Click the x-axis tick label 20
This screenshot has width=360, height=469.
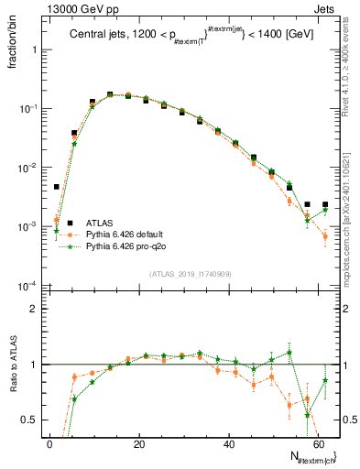coord(139,444)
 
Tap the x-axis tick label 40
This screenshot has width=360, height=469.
coord(229,444)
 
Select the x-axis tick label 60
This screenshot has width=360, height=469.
coord(318,444)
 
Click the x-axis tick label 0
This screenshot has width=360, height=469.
coord(50,444)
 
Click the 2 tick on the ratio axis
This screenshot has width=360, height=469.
coord(33,309)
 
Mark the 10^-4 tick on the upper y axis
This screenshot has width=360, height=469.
coord(27,286)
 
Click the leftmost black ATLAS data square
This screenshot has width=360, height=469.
coord(57,187)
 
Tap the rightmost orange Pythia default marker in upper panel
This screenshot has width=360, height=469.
coord(325,237)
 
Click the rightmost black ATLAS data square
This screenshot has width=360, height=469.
coord(325,204)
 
